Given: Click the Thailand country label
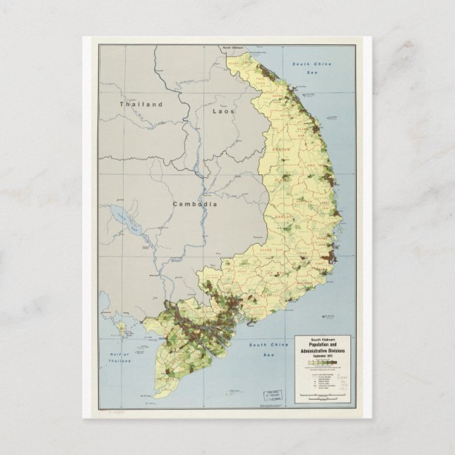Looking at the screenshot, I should (x=141, y=104).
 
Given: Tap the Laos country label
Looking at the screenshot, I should (x=223, y=111).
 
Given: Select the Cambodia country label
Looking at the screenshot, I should (x=194, y=203).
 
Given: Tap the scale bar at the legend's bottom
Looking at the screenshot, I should (x=321, y=398).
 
